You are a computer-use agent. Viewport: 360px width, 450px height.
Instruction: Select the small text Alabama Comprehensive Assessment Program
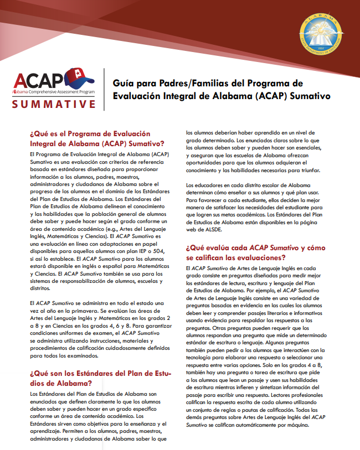(x=53, y=90)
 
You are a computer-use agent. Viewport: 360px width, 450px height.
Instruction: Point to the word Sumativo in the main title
(x=311, y=95)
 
